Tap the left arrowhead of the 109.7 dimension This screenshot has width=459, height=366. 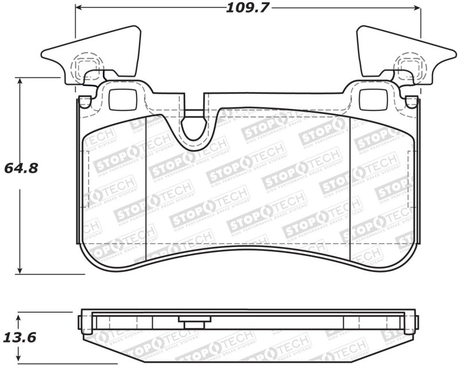point(79,7)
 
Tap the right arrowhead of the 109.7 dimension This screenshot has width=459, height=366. point(418,7)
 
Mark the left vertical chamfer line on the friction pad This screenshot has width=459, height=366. point(146,189)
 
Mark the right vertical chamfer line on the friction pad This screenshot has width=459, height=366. point(350,189)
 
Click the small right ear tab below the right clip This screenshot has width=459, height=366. point(411,102)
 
